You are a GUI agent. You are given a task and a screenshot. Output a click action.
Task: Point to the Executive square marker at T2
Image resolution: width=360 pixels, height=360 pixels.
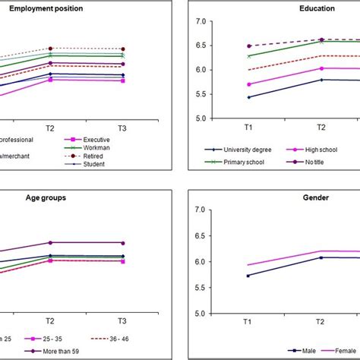51,79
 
